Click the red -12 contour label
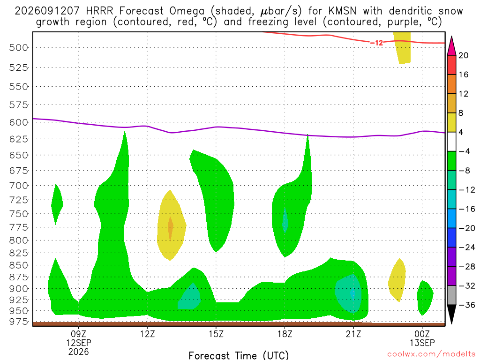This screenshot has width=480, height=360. (x=376, y=43)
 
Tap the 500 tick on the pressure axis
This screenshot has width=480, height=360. (x=19, y=48)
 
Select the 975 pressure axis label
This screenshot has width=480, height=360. (x=19, y=322)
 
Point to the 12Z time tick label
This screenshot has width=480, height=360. (x=147, y=334)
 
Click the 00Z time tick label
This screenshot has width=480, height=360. (x=422, y=334)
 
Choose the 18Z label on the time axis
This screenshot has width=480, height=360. (x=285, y=334)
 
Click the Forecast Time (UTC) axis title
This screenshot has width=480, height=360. (x=239, y=355)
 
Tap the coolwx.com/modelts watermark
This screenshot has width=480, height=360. (x=431, y=354)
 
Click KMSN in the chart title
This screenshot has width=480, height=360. (x=342, y=11)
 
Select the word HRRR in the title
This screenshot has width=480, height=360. (x=100, y=11)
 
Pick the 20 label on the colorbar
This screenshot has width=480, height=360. (x=464, y=55)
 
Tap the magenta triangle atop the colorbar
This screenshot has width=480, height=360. (x=451, y=46)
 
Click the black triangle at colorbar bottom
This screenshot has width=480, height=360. (x=451, y=314)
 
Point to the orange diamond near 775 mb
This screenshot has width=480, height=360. (x=170, y=226)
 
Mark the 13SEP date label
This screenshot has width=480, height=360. (x=422, y=343)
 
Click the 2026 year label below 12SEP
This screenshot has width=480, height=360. (x=79, y=352)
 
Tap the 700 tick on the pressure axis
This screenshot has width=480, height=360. (x=19, y=186)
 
